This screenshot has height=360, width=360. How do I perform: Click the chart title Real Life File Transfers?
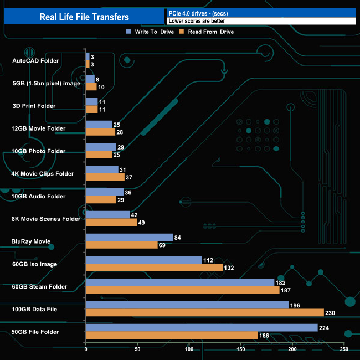coord(84,17)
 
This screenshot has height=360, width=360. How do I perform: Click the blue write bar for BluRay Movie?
coord(130,238)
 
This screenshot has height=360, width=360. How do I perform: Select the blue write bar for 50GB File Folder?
coord(202,328)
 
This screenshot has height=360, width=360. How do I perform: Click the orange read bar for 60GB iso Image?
coord(154,268)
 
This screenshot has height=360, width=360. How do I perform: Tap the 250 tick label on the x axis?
coord(344,349)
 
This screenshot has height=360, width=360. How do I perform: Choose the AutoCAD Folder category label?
coord(35,60)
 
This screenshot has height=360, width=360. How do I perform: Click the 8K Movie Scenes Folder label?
coord(46,219)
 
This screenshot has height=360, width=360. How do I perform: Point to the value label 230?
coord(331,313)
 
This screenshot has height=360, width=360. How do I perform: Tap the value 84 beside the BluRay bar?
coord(179,238)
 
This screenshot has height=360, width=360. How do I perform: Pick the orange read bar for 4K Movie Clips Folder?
coord(105,177)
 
